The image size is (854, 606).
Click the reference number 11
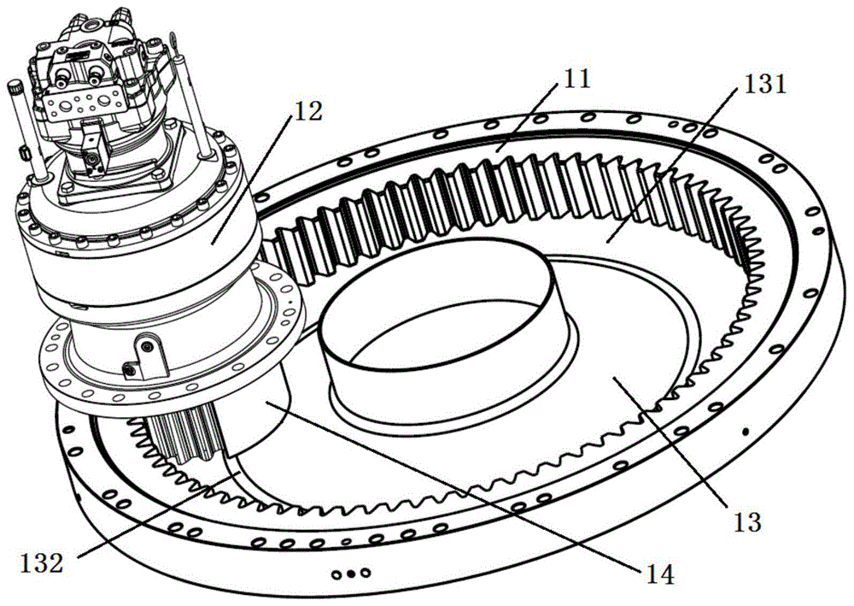coord(576,79)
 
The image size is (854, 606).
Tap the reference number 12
coord(307,111)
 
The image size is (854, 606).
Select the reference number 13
coord(747,521)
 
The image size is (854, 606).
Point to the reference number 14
coord(659,574)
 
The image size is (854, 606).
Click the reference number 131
coord(764,85)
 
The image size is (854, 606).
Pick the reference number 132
coord(42,562)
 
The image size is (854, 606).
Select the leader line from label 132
coord(155,515)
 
